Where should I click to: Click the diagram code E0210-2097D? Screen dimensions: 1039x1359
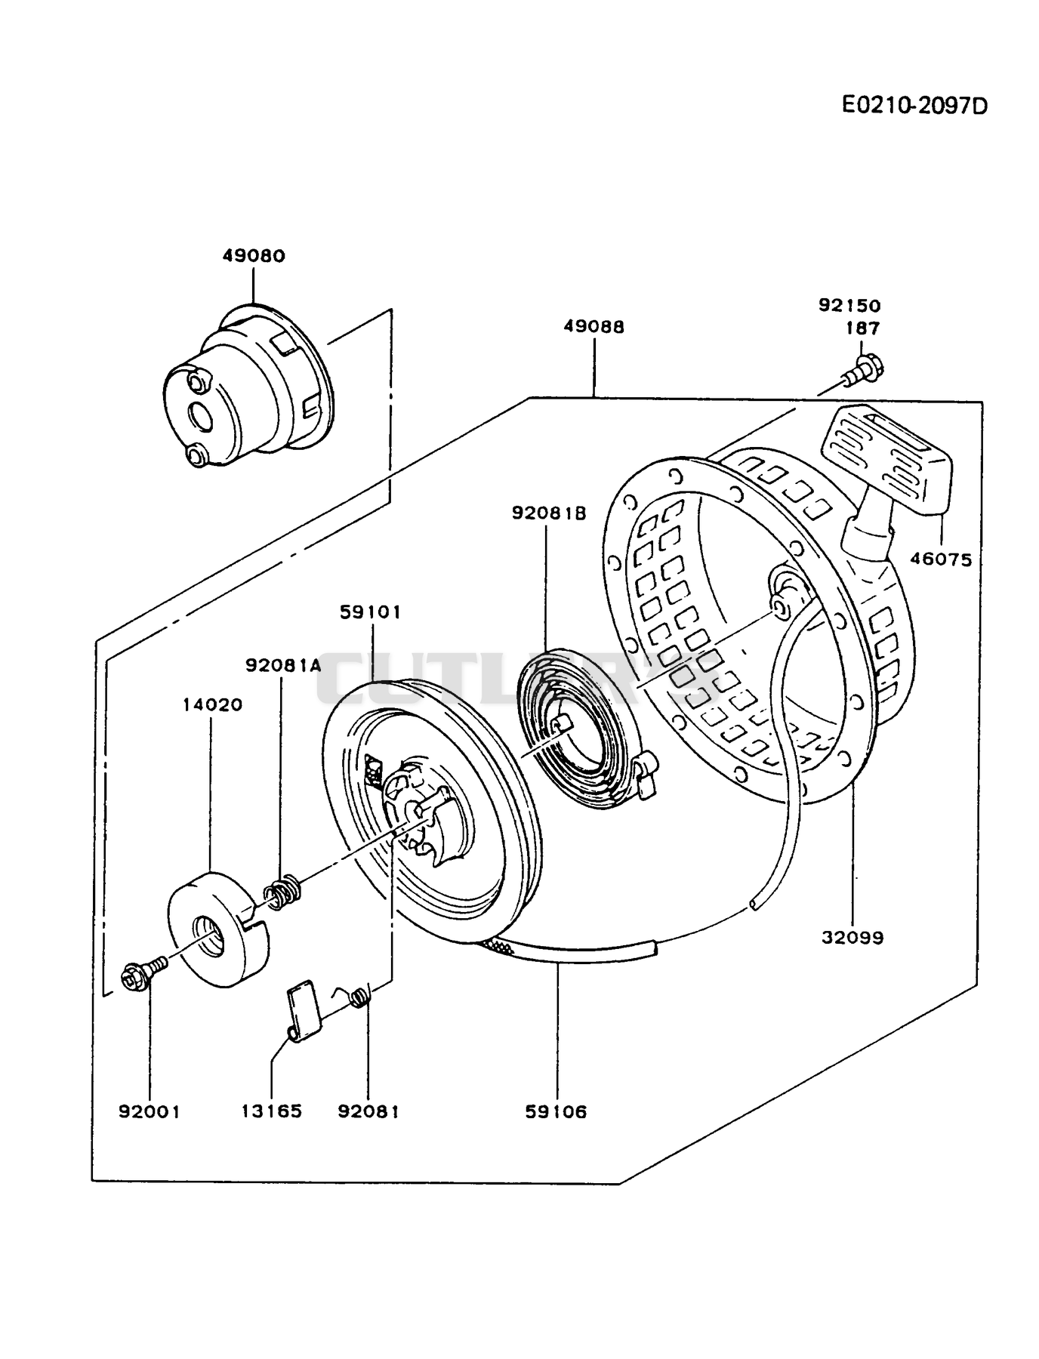point(914,106)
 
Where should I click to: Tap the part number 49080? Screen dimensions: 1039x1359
point(254,256)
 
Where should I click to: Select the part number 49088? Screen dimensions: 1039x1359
point(594,327)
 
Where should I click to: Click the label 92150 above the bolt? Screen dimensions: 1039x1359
point(849,306)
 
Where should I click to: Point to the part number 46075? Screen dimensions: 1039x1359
point(941,559)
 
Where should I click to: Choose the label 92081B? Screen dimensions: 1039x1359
point(549,513)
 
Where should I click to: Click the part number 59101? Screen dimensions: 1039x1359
point(370,612)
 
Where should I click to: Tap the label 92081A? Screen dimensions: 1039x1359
point(283,665)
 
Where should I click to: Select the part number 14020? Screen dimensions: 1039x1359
point(212,704)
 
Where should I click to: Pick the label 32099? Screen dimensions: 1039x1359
point(852,938)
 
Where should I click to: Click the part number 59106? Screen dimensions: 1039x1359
point(556,1112)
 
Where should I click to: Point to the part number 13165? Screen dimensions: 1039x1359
point(272,1112)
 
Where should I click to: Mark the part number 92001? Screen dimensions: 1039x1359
point(150,1112)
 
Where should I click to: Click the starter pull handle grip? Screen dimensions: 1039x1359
point(886,459)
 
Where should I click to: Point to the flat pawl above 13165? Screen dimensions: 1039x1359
point(305,1010)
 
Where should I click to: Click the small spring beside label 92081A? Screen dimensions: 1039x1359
point(282,892)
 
